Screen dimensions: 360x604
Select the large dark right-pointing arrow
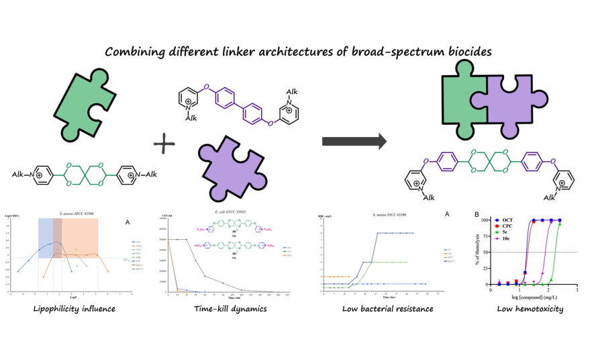pos(354,141)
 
